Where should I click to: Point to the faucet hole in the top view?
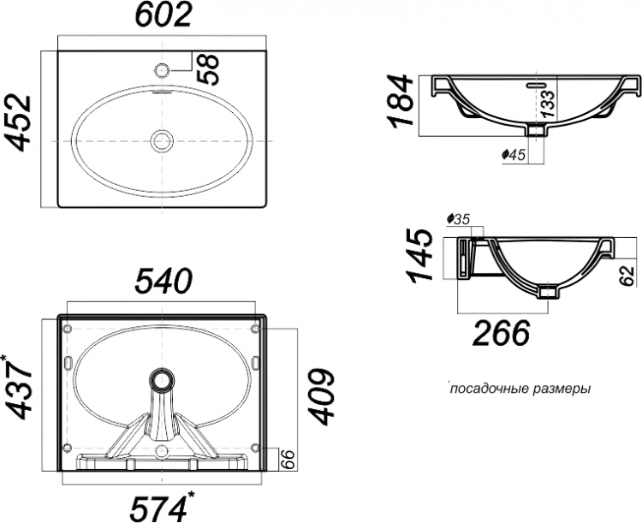click(162, 70)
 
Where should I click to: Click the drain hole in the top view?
click(162, 140)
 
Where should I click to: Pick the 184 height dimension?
click(401, 101)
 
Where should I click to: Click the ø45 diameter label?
click(513, 154)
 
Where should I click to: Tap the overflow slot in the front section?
click(536, 85)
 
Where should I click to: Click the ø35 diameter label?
click(458, 219)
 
